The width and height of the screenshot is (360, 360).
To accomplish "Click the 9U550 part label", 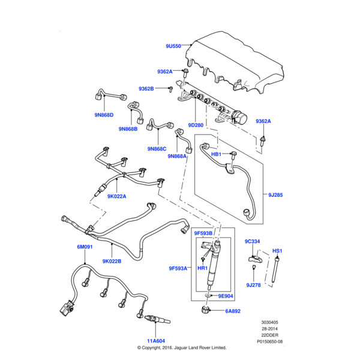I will pyautogui.click(x=173, y=46).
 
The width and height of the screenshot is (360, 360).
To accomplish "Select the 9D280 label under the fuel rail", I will pyautogui.click(x=196, y=125).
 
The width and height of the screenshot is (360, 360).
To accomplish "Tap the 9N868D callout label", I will pyautogui.click(x=104, y=115).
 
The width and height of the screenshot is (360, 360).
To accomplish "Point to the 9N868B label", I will pyautogui.click(x=128, y=128).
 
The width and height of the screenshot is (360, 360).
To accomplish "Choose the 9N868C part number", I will pyautogui.click(x=157, y=148).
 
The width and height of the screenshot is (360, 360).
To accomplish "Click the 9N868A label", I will pyautogui.click(x=176, y=156).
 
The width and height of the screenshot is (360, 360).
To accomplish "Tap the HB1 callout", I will pyautogui.click(x=217, y=154).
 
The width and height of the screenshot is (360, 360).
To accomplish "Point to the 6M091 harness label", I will pyautogui.click(x=85, y=247).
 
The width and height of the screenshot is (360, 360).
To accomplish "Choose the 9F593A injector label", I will pyautogui.click(x=178, y=268).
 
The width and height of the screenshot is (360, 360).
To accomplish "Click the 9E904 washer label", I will pyautogui.click(x=225, y=296).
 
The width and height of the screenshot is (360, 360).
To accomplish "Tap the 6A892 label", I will pyautogui.click(x=233, y=311).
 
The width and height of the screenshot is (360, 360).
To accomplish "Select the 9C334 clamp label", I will pyautogui.click(x=252, y=242).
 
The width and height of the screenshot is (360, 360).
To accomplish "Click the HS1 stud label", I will pyautogui.click(x=277, y=250).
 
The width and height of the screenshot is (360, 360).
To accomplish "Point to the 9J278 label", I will pyautogui.click(x=254, y=285).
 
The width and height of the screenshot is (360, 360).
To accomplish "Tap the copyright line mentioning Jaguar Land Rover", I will pyautogui.click(x=181, y=347).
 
